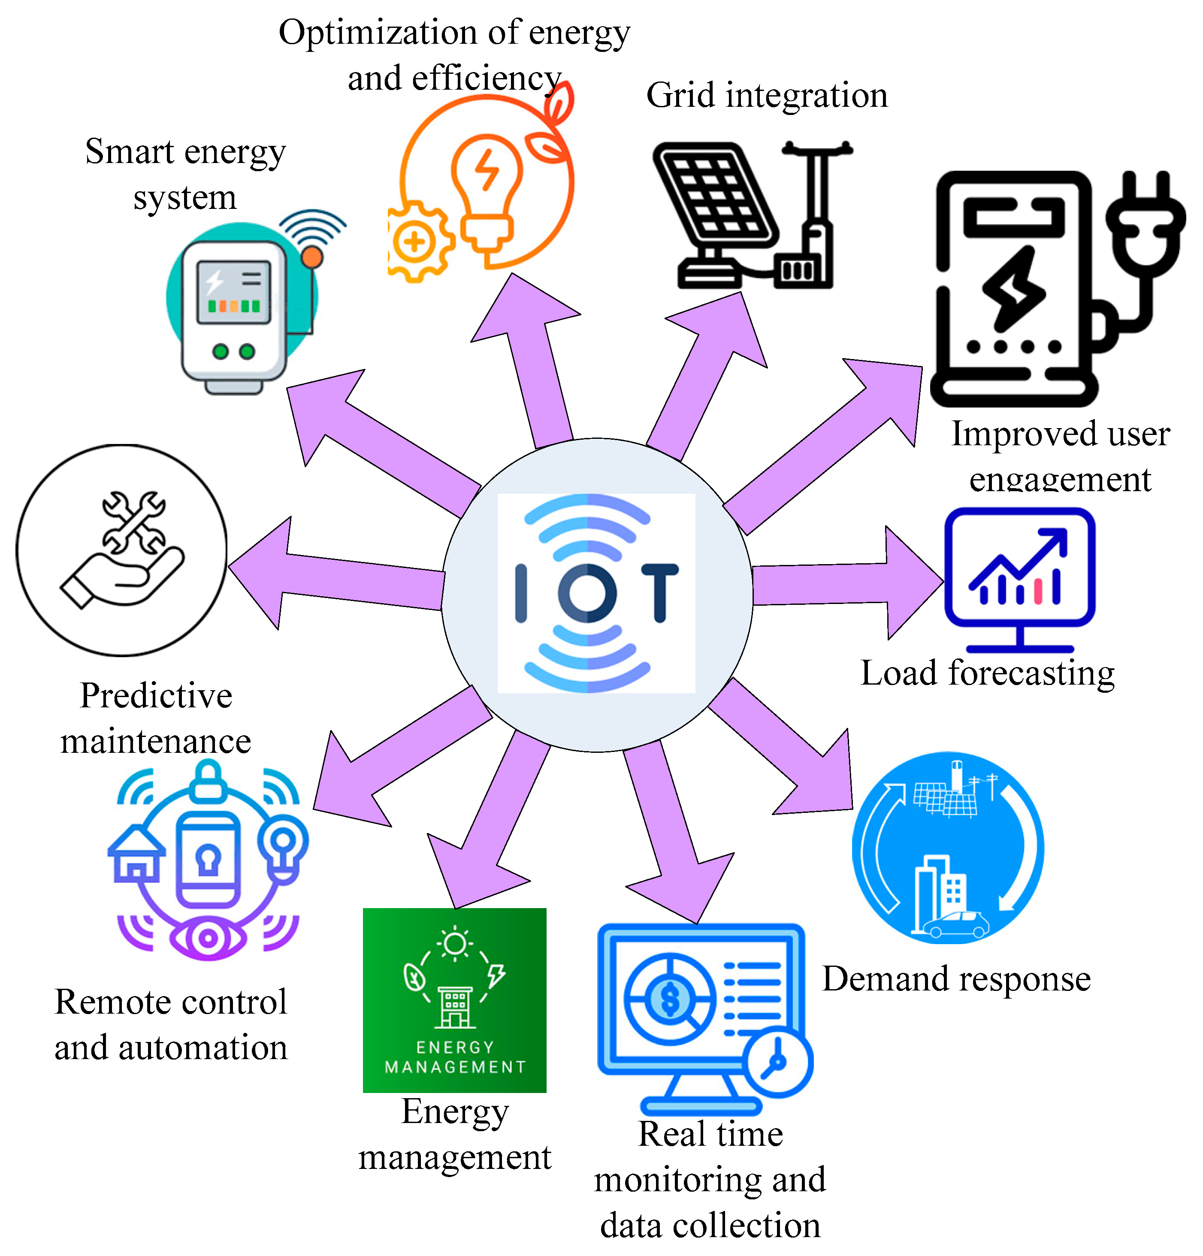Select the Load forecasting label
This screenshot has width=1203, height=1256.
point(987,673)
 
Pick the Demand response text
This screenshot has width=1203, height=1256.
point(956,978)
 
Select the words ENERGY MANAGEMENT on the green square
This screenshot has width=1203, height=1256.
point(455,1057)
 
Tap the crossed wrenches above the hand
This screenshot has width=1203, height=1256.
point(134,522)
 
